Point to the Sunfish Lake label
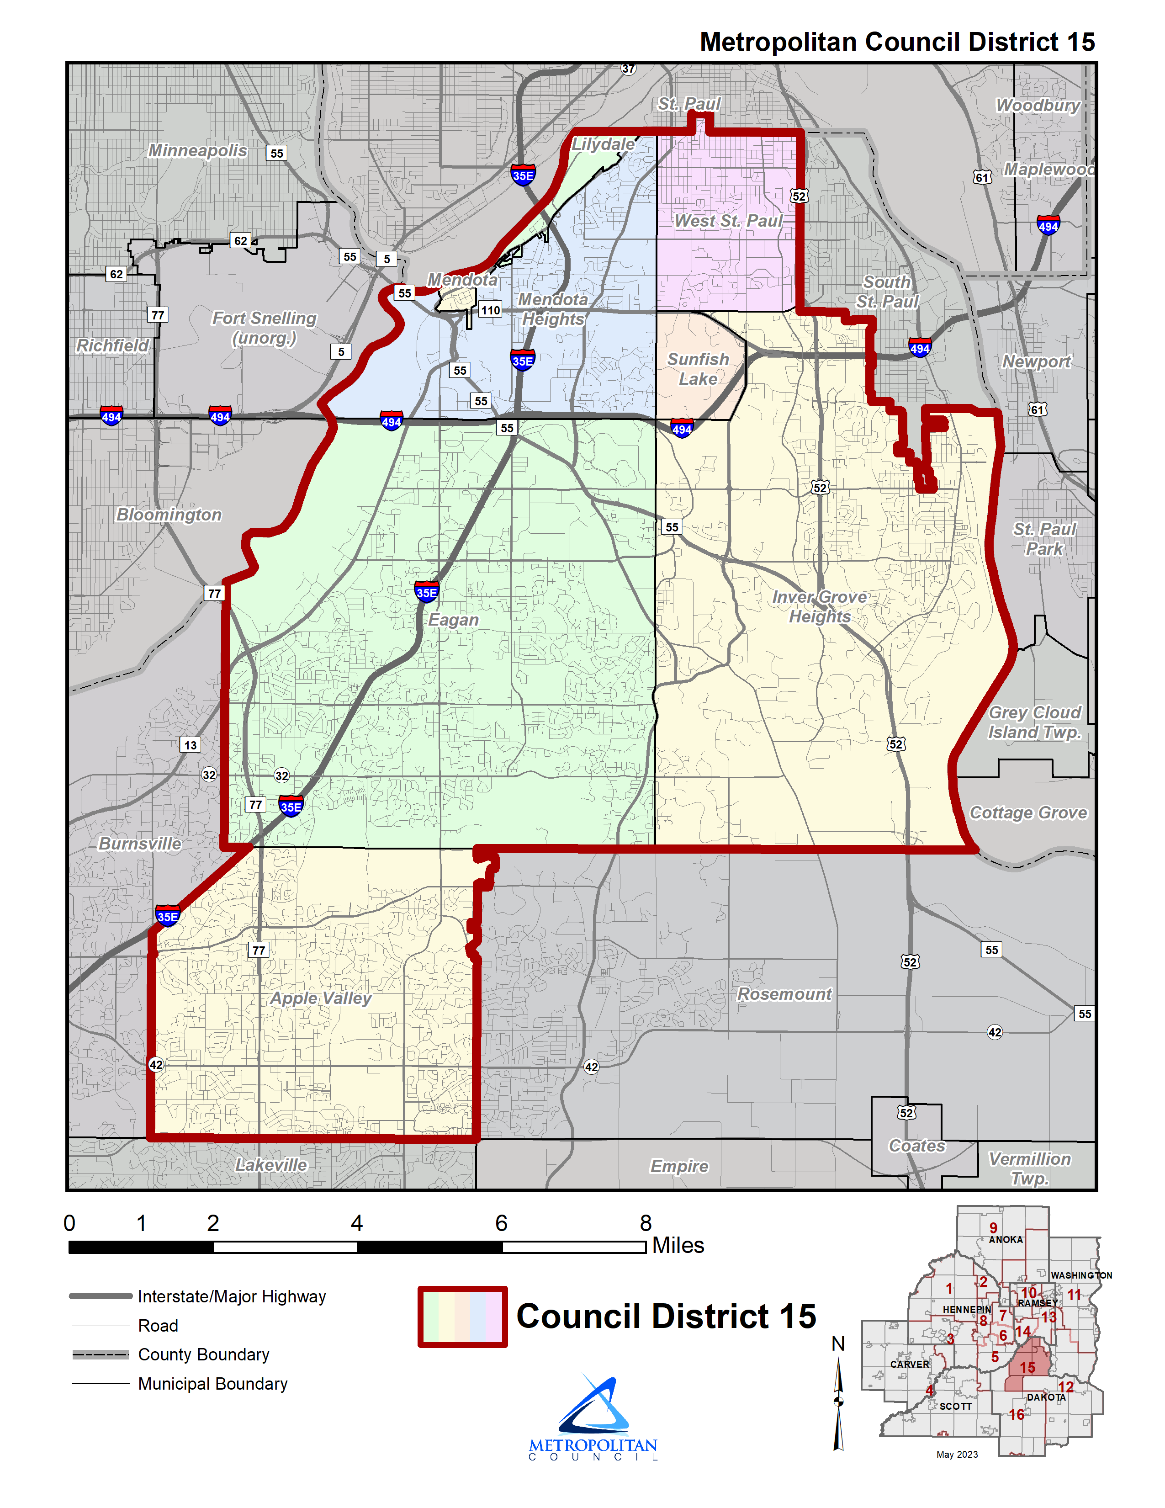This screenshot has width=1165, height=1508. point(698,369)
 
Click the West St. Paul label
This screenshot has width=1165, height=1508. point(728,221)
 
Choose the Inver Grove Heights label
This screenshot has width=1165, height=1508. point(819,606)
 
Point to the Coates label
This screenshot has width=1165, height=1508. point(916,1146)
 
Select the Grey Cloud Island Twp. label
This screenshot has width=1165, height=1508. point(1034,722)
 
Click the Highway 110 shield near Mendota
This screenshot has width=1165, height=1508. point(490,310)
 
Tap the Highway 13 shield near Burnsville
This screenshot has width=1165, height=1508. point(190,744)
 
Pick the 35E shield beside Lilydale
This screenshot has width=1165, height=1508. point(523,175)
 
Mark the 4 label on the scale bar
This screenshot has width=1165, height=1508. point(356,1223)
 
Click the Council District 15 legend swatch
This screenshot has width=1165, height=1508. point(462,1317)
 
